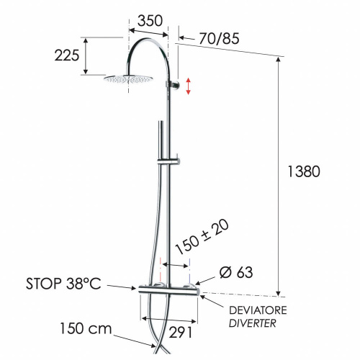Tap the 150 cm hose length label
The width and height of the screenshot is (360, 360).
(x=86, y=329)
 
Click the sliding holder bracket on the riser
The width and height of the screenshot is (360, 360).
(x=173, y=158)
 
